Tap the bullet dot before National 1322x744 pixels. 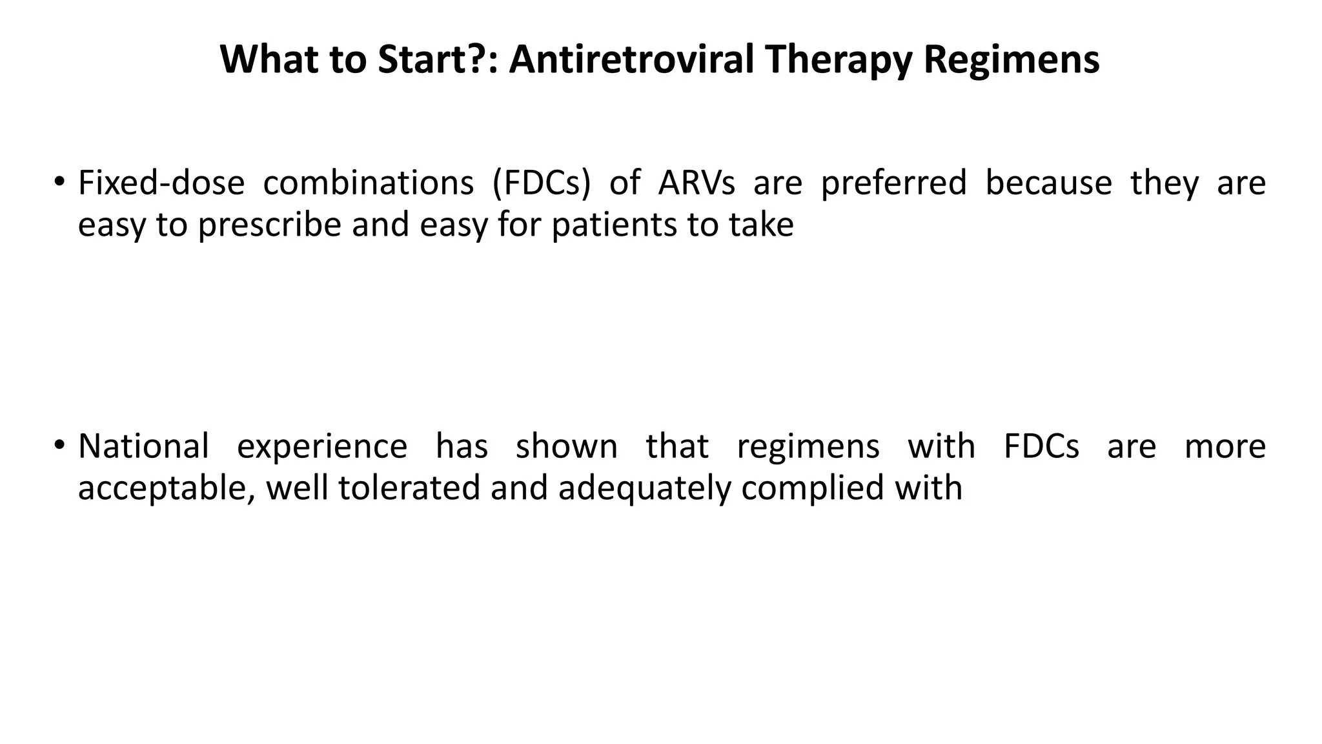59,444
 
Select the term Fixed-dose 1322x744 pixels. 161,183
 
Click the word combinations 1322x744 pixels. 369,183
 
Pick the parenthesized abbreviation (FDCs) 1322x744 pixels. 542,183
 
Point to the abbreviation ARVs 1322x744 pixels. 697,183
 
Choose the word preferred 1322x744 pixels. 893,183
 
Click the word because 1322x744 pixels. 1048,183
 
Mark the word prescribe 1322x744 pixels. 269,225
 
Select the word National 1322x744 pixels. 143,446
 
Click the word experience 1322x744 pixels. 322,446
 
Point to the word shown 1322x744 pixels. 566,446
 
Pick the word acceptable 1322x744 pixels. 165,488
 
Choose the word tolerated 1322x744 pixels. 409,488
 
